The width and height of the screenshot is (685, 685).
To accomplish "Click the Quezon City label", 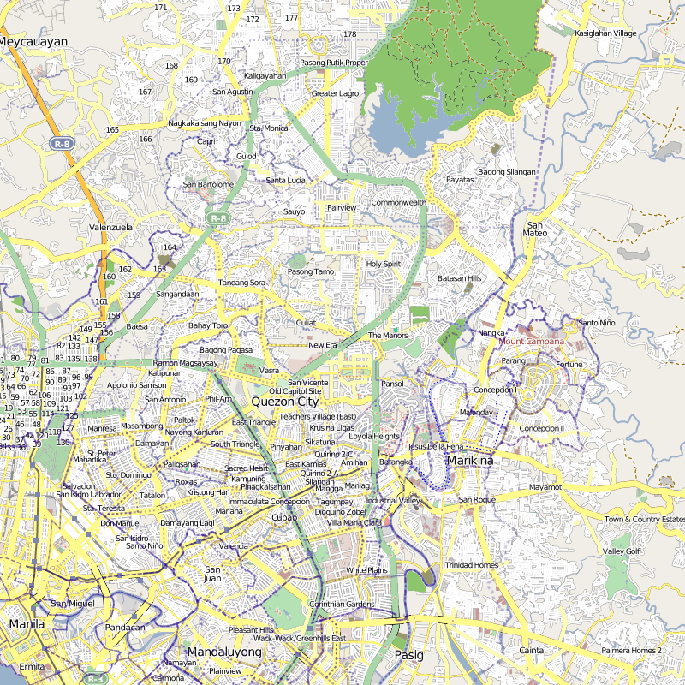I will (284, 402).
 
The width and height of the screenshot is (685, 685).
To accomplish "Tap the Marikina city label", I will (469, 461).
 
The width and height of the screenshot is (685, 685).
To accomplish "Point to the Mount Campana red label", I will (531, 342).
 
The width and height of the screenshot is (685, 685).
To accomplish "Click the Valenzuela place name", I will (110, 228).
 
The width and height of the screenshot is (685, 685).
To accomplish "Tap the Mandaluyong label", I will (223, 652).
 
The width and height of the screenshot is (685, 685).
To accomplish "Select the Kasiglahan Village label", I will (606, 33).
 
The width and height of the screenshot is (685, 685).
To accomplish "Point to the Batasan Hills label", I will (460, 278).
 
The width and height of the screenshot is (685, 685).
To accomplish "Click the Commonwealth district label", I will (398, 203).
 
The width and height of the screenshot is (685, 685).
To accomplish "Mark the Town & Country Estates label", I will (644, 520).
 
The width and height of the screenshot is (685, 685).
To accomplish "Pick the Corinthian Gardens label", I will (342, 605).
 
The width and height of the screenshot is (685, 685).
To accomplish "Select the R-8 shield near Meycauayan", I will (61, 144).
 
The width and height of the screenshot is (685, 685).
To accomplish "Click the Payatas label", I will (460, 180).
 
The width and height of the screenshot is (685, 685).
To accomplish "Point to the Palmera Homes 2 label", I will (631, 651).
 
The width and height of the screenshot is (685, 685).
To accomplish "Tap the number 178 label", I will (349, 34).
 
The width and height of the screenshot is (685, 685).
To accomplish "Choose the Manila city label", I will (26, 624).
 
